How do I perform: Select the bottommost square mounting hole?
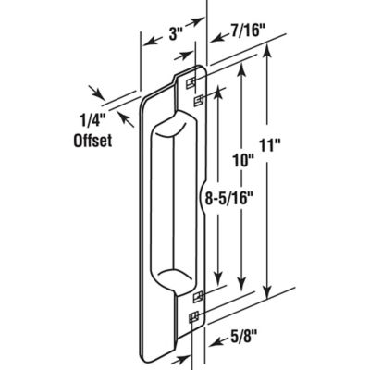pos(193,318)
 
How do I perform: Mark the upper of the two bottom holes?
pos(193,299)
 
